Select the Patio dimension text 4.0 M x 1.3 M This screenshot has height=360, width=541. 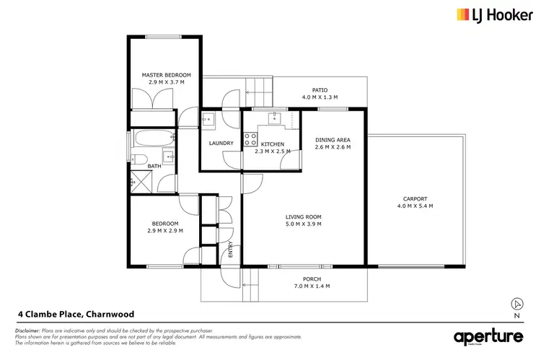coord(320,98)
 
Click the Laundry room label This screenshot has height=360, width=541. coord(221,143)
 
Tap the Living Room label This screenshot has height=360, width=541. coord(304,216)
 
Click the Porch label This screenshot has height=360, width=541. coord(312,278)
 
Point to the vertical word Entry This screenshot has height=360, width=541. coord(231,251)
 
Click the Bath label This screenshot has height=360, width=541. coord(154,166)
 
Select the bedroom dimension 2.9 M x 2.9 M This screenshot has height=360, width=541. coord(166,231)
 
